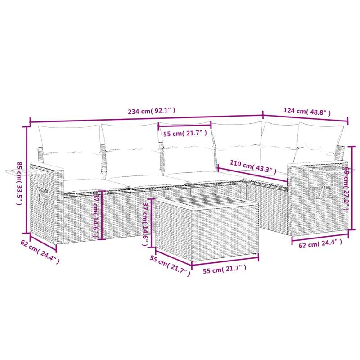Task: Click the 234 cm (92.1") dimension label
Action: pyautogui.click(x=152, y=110)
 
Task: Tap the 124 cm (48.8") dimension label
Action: pyautogui.click(x=307, y=111)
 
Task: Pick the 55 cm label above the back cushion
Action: pyautogui.click(x=185, y=133)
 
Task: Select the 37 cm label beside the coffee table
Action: pyautogui.click(x=145, y=223)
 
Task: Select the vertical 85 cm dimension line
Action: pyautogui.click(x=27, y=180)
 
